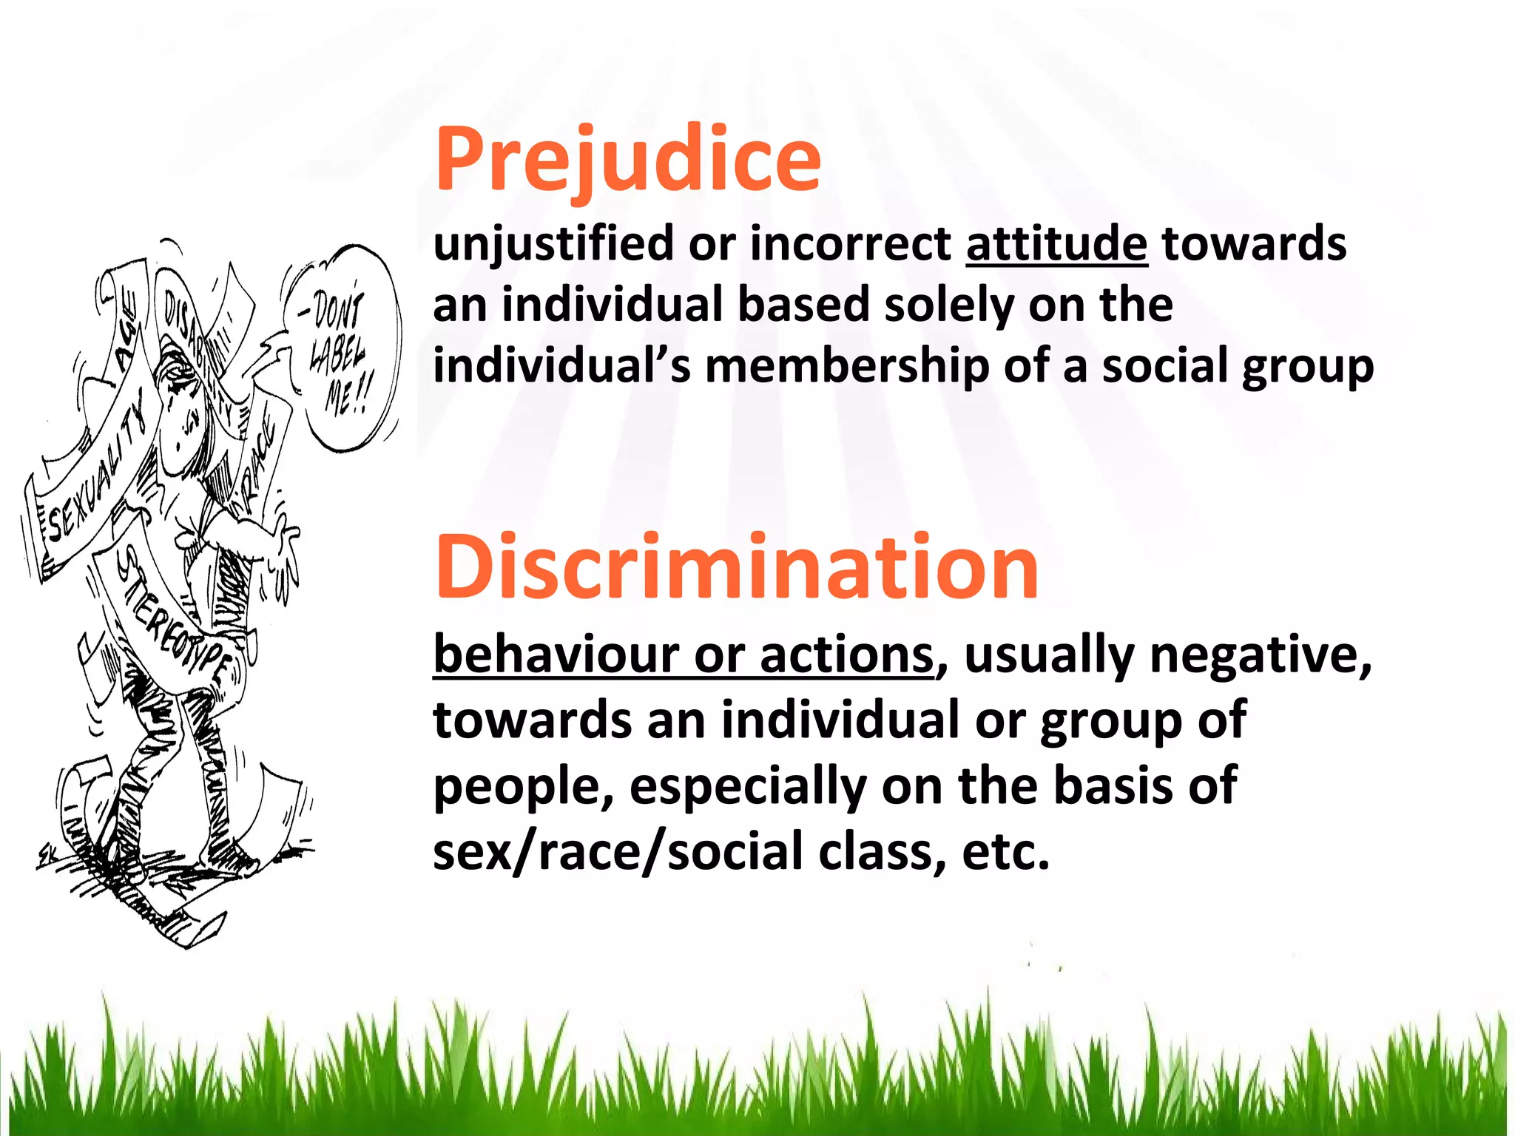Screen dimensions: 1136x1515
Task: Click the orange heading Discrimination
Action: click(x=737, y=568)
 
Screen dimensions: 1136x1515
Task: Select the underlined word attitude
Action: click(x=1056, y=243)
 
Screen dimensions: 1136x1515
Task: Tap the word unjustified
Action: click(x=553, y=243)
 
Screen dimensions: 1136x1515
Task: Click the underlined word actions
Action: click(x=846, y=655)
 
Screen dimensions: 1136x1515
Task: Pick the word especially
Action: click(x=748, y=785)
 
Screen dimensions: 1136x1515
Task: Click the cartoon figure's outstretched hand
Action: click(x=285, y=551)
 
